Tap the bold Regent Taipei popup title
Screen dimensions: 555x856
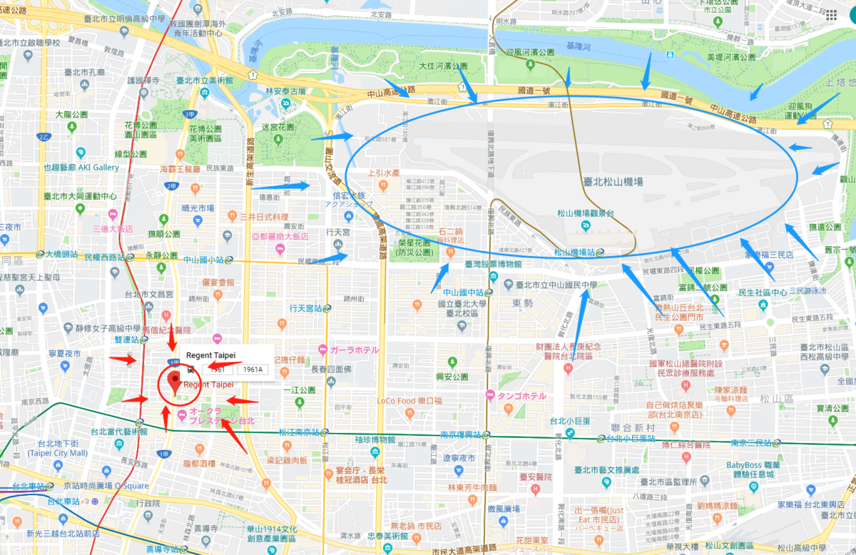(x=210, y=355)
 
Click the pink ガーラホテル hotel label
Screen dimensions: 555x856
(x=354, y=350)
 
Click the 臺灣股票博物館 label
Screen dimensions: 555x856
(x=493, y=265)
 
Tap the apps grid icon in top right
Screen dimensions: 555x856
(x=832, y=15)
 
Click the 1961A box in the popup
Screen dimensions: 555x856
(x=253, y=370)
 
